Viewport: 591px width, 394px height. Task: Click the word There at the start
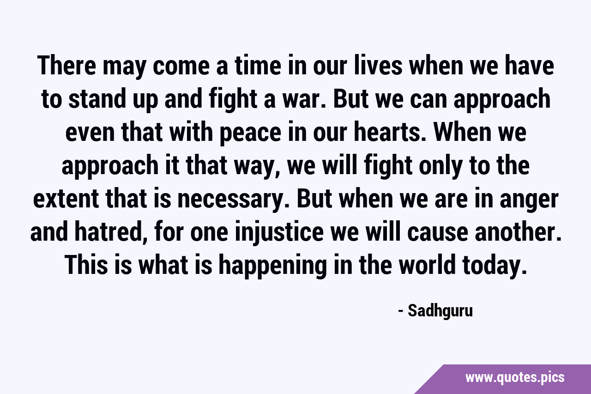click(x=66, y=66)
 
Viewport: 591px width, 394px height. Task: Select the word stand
click(x=97, y=99)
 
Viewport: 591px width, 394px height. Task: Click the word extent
click(x=66, y=199)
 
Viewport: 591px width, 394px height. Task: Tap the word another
click(x=518, y=232)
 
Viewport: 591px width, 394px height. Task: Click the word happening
click(x=273, y=265)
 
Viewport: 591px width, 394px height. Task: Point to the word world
click(x=428, y=265)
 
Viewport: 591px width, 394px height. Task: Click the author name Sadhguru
click(x=440, y=311)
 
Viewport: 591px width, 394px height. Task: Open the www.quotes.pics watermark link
click(x=515, y=378)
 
